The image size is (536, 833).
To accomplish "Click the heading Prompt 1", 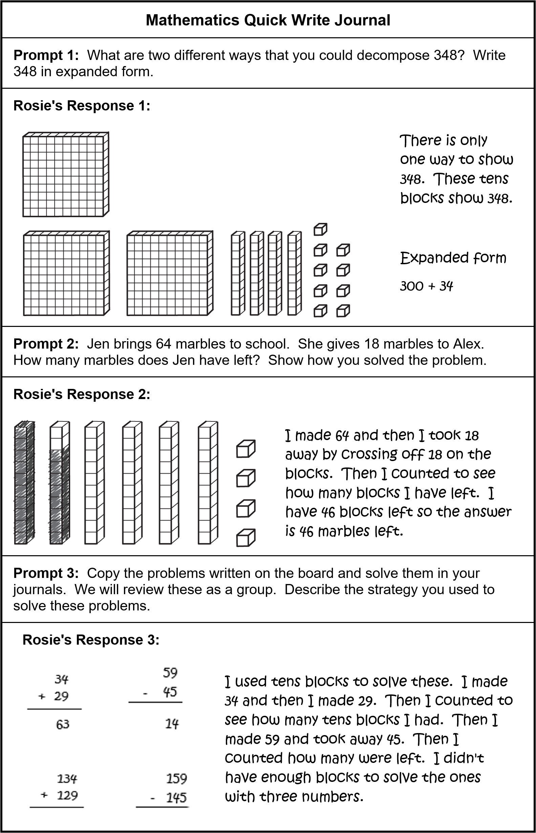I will [46, 55].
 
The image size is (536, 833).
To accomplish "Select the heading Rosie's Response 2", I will [82, 394].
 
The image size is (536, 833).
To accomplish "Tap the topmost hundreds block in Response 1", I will [65, 175].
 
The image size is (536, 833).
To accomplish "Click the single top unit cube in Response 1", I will [320, 229].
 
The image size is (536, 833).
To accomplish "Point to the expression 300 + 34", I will [426, 286].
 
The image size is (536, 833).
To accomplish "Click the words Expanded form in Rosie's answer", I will [453, 258].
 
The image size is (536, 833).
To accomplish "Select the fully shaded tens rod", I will [24, 483].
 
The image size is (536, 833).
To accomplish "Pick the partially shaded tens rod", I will [59, 483].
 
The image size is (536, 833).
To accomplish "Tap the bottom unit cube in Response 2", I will [246, 538].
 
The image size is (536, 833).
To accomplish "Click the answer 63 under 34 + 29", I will [63, 724].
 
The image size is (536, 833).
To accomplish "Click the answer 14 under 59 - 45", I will [172, 724].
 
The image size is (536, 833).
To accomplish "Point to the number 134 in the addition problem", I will [66, 778].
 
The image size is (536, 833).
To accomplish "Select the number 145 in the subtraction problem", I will [176, 797].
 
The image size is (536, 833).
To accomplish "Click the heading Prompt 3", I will [46, 573].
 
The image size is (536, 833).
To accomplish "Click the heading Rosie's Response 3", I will [91, 640].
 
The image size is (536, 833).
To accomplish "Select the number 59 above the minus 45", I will [170, 672].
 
